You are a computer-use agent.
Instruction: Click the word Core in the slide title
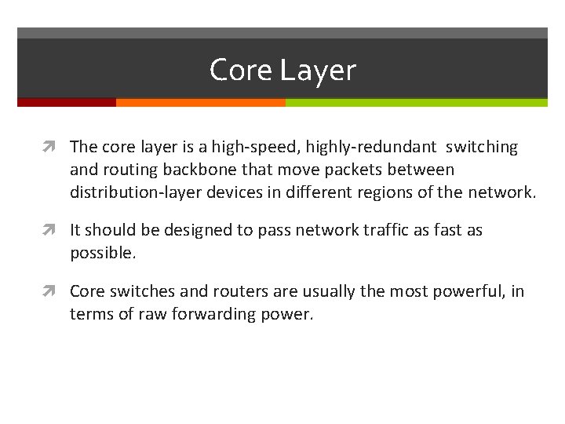240,71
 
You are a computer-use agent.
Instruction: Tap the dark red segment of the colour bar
67,102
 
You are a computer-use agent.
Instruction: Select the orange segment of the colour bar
200,102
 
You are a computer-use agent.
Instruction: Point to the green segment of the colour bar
416,102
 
